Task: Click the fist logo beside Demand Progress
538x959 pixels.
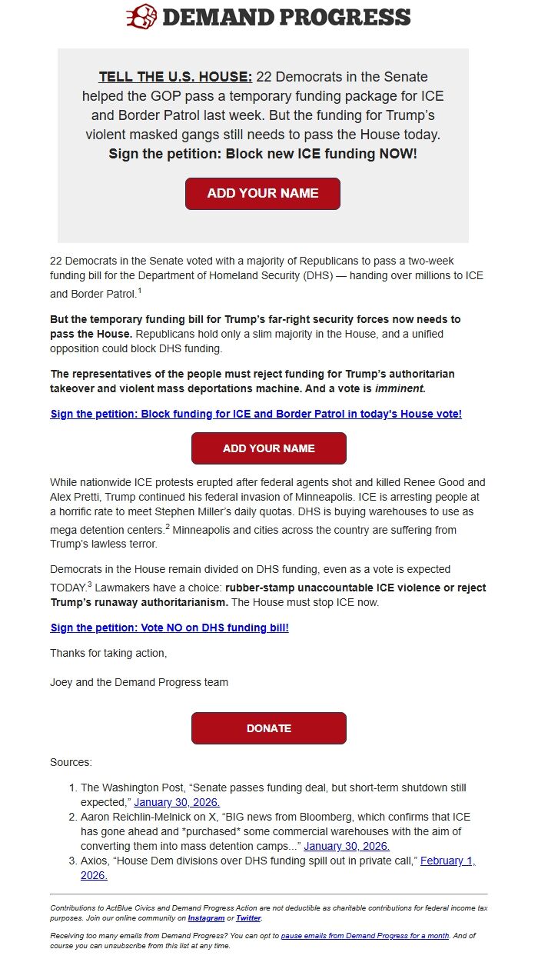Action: coord(142,16)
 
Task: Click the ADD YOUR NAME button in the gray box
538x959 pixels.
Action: coord(263,194)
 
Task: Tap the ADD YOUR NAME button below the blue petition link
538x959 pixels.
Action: coord(269,448)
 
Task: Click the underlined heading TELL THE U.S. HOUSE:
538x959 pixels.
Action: coord(175,77)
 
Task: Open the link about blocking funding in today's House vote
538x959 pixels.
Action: coord(256,414)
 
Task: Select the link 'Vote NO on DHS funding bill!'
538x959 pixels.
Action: coord(169,628)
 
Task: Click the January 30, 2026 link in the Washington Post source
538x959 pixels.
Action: coord(177,802)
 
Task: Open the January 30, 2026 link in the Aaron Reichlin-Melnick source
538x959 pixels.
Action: coord(347,846)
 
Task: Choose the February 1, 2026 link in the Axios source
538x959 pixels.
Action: coord(447,861)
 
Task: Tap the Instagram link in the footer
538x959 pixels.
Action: coord(206,918)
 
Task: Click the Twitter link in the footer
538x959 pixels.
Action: coord(248,918)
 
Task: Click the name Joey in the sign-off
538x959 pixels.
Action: coord(62,682)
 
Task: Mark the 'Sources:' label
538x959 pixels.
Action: coord(71,762)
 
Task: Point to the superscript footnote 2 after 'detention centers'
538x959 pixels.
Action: coord(167,527)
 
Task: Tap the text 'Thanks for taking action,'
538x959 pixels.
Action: coord(108,653)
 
